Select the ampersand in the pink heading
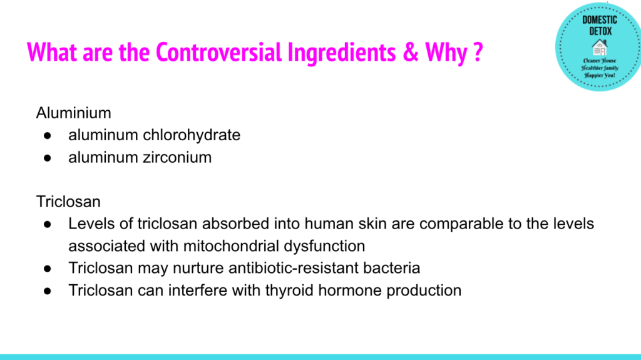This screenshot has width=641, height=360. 411,53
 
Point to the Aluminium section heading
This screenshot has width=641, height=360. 74,113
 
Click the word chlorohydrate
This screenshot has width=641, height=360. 192,135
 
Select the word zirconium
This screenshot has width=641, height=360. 177,158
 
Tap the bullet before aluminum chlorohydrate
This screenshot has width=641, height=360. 48,136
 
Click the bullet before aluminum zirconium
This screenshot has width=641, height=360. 48,158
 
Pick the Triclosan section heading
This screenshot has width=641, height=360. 68,202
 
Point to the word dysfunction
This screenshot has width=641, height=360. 324,247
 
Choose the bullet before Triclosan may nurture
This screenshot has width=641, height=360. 48,269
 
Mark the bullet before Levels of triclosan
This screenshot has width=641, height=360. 48,225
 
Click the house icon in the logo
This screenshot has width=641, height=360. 600,47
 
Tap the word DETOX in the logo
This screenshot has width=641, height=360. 600,31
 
